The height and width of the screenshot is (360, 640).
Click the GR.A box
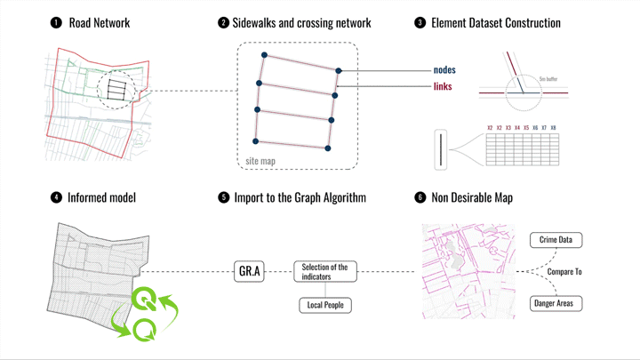pyautogui.click(x=250, y=271)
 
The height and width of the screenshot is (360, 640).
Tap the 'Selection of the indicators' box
pyautogui.click(x=324, y=271)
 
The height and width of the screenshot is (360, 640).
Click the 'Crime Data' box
pyautogui.click(x=556, y=240)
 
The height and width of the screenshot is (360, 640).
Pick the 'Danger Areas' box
pyautogui.click(x=556, y=303)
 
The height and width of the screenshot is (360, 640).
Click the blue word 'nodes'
pyautogui.click(x=444, y=70)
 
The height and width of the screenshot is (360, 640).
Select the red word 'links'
pyautogui.click(x=443, y=86)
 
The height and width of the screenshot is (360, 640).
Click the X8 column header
pyautogui.click(x=554, y=128)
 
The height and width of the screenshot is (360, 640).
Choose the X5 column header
pyautogui.click(x=525, y=128)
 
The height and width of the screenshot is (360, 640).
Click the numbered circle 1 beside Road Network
pyautogui.click(x=56, y=22)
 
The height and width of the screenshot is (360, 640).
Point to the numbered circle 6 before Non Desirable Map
pyautogui.click(x=420, y=197)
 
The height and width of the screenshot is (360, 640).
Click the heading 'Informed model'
pyautogui.click(x=101, y=197)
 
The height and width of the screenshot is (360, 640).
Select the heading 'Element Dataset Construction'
pyautogui.click(x=495, y=22)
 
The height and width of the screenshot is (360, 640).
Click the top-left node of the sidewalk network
pyautogui.click(x=264, y=56)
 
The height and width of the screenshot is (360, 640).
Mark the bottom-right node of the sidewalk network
pyautogui.click(x=327, y=148)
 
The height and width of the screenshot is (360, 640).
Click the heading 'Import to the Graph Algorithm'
pyautogui.click(x=300, y=197)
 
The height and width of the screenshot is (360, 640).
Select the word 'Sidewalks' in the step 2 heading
pyautogui.click(x=258, y=22)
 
